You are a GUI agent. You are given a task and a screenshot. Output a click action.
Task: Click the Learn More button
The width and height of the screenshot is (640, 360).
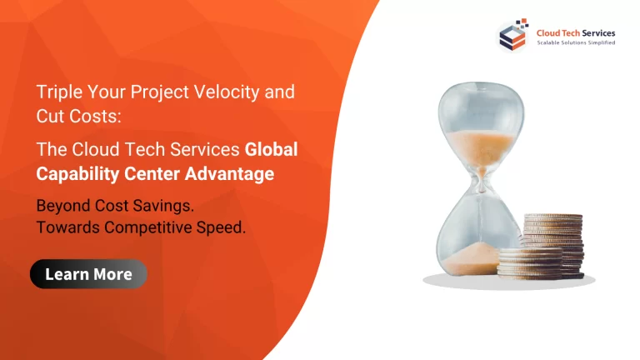(x=88, y=274)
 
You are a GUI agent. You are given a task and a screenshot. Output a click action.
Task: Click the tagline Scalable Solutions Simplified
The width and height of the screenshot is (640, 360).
(x=576, y=42)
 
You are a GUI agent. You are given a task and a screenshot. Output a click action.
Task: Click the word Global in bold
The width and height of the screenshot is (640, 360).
(x=271, y=150)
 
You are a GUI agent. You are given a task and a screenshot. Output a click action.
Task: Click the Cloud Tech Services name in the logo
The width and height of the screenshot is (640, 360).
(x=576, y=32)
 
